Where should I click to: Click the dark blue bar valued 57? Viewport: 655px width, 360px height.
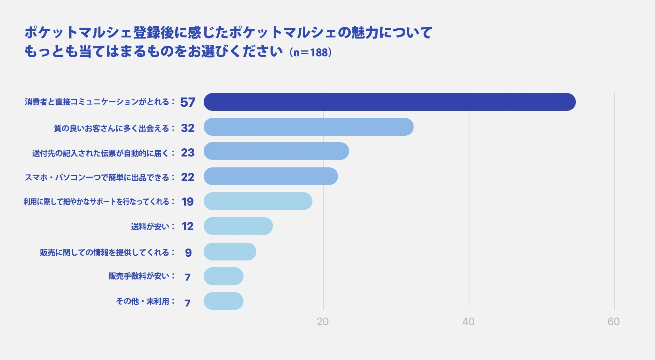(390, 102)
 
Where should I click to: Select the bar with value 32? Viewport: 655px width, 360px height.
(308, 127)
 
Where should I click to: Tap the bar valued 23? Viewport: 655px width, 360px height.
(276, 151)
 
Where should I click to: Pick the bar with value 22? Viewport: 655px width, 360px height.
(271, 176)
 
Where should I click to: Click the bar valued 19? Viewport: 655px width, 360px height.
(258, 201)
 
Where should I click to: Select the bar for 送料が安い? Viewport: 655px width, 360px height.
(238, 226)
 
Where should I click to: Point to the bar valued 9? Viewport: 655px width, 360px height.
(230, 252)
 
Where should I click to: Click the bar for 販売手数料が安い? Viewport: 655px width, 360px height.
(223, 276)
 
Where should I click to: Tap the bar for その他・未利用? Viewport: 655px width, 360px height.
(223, 301)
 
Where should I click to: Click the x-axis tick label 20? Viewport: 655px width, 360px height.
(323, 321)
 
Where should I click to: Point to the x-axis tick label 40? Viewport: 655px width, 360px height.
(468, 321)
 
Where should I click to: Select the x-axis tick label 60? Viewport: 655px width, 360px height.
(614, 321)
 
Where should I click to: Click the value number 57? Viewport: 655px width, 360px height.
(188, 102)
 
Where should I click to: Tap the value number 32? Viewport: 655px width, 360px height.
(188, 128)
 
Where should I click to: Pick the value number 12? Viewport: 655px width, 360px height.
(188, 226)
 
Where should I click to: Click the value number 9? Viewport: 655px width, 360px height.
(188, 253)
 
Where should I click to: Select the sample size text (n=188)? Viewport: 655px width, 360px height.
(310, 52)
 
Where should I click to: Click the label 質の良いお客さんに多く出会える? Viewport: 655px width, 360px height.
(112, 129)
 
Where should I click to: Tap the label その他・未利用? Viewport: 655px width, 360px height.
(143, 301)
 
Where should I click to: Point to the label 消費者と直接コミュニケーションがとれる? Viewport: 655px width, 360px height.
(97, 102)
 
